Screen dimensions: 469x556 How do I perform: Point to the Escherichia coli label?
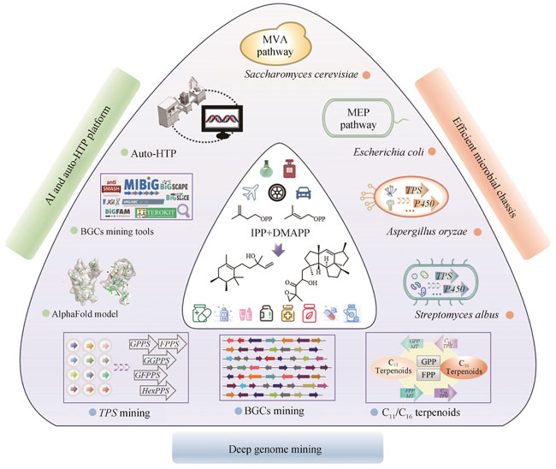(x=379, y=151)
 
